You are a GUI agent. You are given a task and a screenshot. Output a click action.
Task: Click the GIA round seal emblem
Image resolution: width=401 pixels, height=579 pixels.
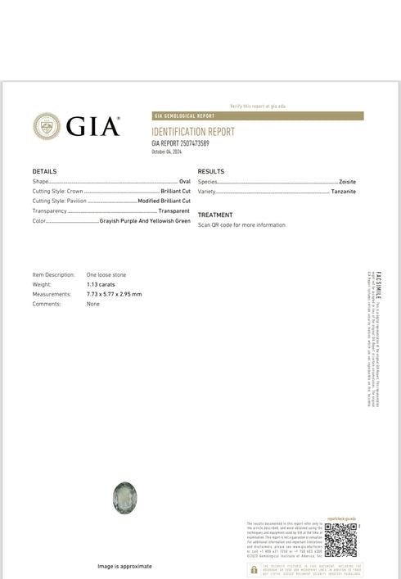pos(47,126)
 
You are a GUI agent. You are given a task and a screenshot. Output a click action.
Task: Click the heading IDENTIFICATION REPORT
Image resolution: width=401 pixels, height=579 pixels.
pos(194,131)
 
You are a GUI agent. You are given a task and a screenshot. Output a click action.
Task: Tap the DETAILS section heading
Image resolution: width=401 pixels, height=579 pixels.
pos(44,171)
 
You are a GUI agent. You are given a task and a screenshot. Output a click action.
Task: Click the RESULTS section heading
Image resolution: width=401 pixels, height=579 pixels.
pos(211,171)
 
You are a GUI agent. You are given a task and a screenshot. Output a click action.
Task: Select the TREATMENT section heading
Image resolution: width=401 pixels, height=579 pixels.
pos(215,215)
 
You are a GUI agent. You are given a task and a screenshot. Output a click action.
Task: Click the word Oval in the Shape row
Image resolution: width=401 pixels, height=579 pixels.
pos(184,180)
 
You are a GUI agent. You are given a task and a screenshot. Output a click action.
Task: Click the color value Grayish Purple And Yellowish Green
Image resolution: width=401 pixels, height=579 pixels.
pos(145,221)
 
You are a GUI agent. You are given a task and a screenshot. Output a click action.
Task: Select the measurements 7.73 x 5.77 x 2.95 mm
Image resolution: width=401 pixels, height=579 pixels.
pos(114,294)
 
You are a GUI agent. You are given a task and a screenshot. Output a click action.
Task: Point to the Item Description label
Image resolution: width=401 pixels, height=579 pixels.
pos(54,274)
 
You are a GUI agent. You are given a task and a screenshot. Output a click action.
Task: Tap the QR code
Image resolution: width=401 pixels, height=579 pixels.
pos(340,539)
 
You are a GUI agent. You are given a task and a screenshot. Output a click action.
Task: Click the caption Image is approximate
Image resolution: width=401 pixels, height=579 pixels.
pos(124,566)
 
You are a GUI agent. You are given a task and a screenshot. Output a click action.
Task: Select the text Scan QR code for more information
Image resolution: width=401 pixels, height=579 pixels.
pos(241,224)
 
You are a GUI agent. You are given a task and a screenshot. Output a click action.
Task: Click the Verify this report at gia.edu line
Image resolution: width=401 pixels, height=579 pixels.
pos(258,106)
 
